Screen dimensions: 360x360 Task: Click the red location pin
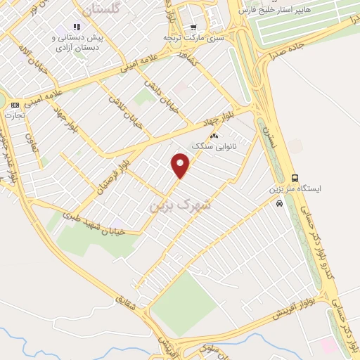pyautogui.click(x=181, y=166)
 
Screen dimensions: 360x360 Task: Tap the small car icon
pyautogui.click(x=280, y=203)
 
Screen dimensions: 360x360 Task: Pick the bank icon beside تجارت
pyautogui.click(x=15, y=104)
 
